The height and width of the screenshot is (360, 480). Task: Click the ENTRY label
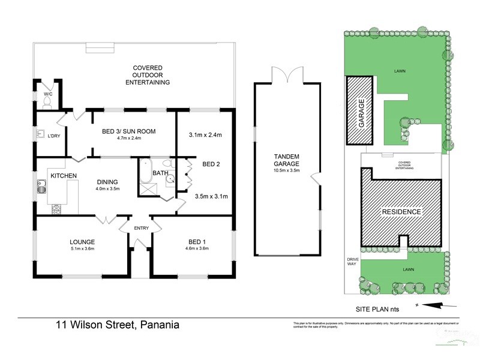click(142, 227)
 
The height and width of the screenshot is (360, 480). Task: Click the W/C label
click(48, 94)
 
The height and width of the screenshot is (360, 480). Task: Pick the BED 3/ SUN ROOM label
click(130, 131)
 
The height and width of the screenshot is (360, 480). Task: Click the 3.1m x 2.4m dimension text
click(205, 135)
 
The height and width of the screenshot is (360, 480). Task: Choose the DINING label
click(109, 182)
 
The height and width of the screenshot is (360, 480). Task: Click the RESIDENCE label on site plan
click(401, 212)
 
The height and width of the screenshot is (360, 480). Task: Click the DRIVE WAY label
click(352, 262)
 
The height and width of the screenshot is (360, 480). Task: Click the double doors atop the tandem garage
click(286, 76)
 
